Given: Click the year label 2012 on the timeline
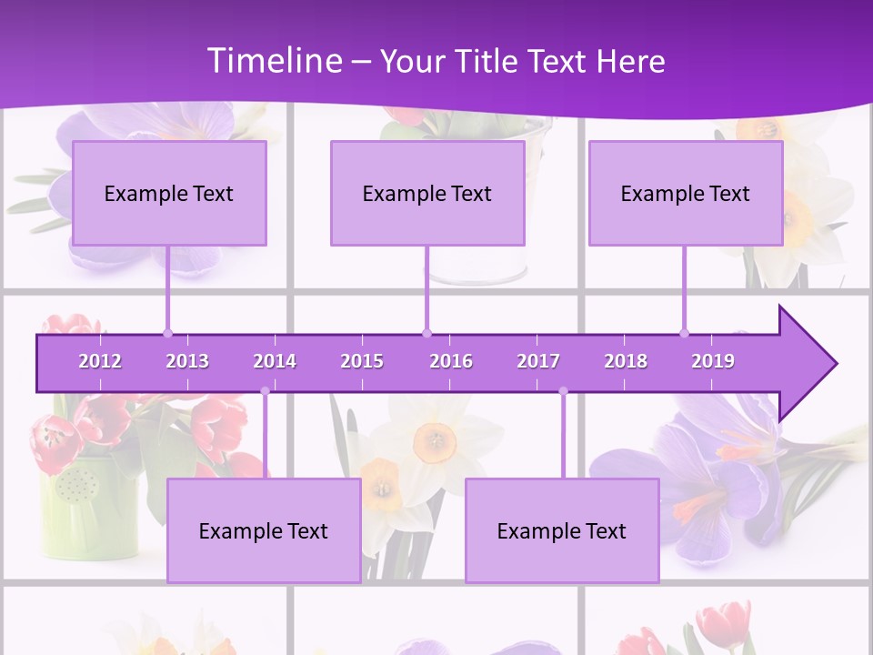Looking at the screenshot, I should click(100, 361).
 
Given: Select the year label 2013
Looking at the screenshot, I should click(187, 361).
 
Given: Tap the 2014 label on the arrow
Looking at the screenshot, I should click(275, 361).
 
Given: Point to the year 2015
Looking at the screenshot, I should click(362, 361).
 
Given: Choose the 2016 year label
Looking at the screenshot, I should click(451, 361).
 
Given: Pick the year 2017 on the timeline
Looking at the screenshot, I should click(538, 361).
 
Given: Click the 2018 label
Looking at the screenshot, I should click(626, 361).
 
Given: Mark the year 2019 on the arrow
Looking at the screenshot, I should click(713, 361).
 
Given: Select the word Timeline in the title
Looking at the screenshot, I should click(274, 61).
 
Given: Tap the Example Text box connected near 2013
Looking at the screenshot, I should click(169, 193).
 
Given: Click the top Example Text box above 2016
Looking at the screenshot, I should click(427, 193).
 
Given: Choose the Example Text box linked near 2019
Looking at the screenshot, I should click(686, 193).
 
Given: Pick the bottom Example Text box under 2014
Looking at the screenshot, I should click(264, 530).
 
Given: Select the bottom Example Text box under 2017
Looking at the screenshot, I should click(562, 530).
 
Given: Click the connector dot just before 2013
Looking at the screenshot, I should click(167, 333).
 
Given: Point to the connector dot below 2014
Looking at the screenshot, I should click(265, 391).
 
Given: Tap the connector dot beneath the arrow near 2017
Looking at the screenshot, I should click(563, 391).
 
